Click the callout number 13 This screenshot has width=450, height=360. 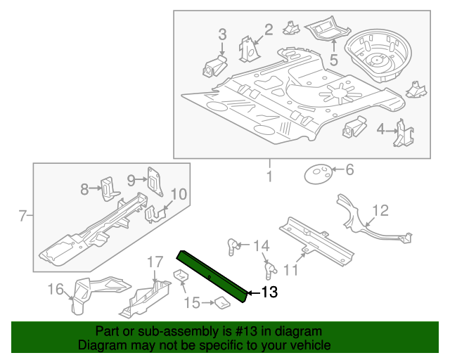[270, 292]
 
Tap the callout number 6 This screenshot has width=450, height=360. [349, 169]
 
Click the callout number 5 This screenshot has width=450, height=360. [334, 59]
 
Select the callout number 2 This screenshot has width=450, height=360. [268, 29]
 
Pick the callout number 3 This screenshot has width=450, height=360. [222, 34]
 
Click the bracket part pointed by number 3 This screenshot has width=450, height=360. [213, 66]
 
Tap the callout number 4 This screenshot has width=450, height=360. [380, 129]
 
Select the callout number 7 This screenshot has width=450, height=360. [22, 215]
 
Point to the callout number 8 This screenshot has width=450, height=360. [84, 188]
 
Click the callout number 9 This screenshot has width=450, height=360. [131, 180]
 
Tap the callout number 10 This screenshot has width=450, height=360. [179, 194]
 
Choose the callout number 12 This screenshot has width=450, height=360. [380, 210]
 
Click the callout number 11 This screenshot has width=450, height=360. [290, 269]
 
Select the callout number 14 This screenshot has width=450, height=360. [261, 245]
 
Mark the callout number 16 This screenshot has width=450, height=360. [55, 288]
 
